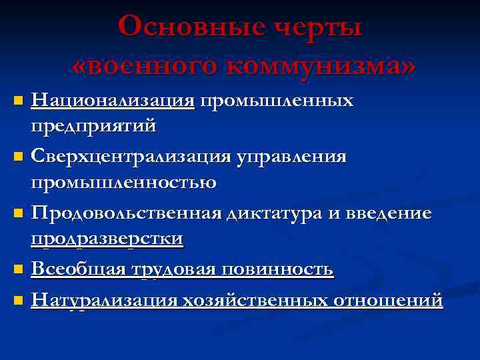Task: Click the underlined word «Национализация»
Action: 114,101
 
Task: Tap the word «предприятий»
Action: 105,124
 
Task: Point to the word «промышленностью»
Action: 125,182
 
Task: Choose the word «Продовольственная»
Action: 127,213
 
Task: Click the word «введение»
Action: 389,213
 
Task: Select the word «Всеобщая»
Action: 77,269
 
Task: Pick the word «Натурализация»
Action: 105,299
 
